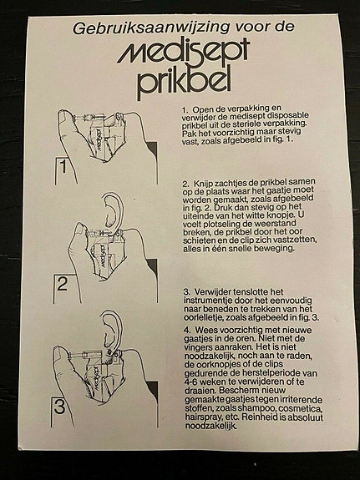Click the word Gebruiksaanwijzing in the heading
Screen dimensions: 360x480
[x=150, y=28]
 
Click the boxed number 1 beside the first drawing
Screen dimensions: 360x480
[x=63, y=167]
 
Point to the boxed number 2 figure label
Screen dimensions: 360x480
[x=62, y=284]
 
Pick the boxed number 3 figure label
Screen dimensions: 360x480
[x=60, y=407]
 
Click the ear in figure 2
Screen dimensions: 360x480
[x=113, y=211]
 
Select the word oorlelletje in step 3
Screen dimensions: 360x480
[x=204, y=317]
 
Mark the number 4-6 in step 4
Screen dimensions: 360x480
[x=192, y=382]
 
